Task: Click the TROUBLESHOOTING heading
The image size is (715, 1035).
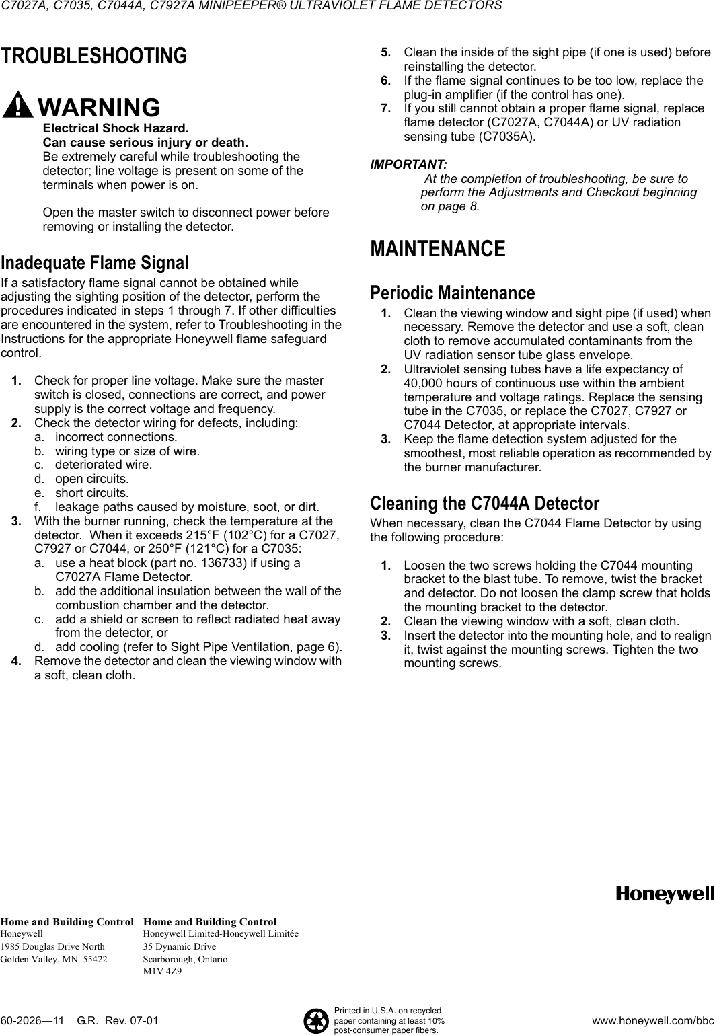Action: pos(93,56)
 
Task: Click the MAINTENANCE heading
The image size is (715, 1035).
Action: pos(438,249)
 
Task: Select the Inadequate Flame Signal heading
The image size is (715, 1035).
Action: pos(95,262)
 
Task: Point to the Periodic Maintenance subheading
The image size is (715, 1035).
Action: pos(453,293)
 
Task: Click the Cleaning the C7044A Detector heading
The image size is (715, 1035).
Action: pos(484,503)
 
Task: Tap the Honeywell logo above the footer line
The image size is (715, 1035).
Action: pos(665,894)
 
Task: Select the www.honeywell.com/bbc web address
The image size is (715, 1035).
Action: pos(652,1021)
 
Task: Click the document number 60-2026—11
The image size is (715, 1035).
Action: pos(34,1021)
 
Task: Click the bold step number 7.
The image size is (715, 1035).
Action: pos(385,109)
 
